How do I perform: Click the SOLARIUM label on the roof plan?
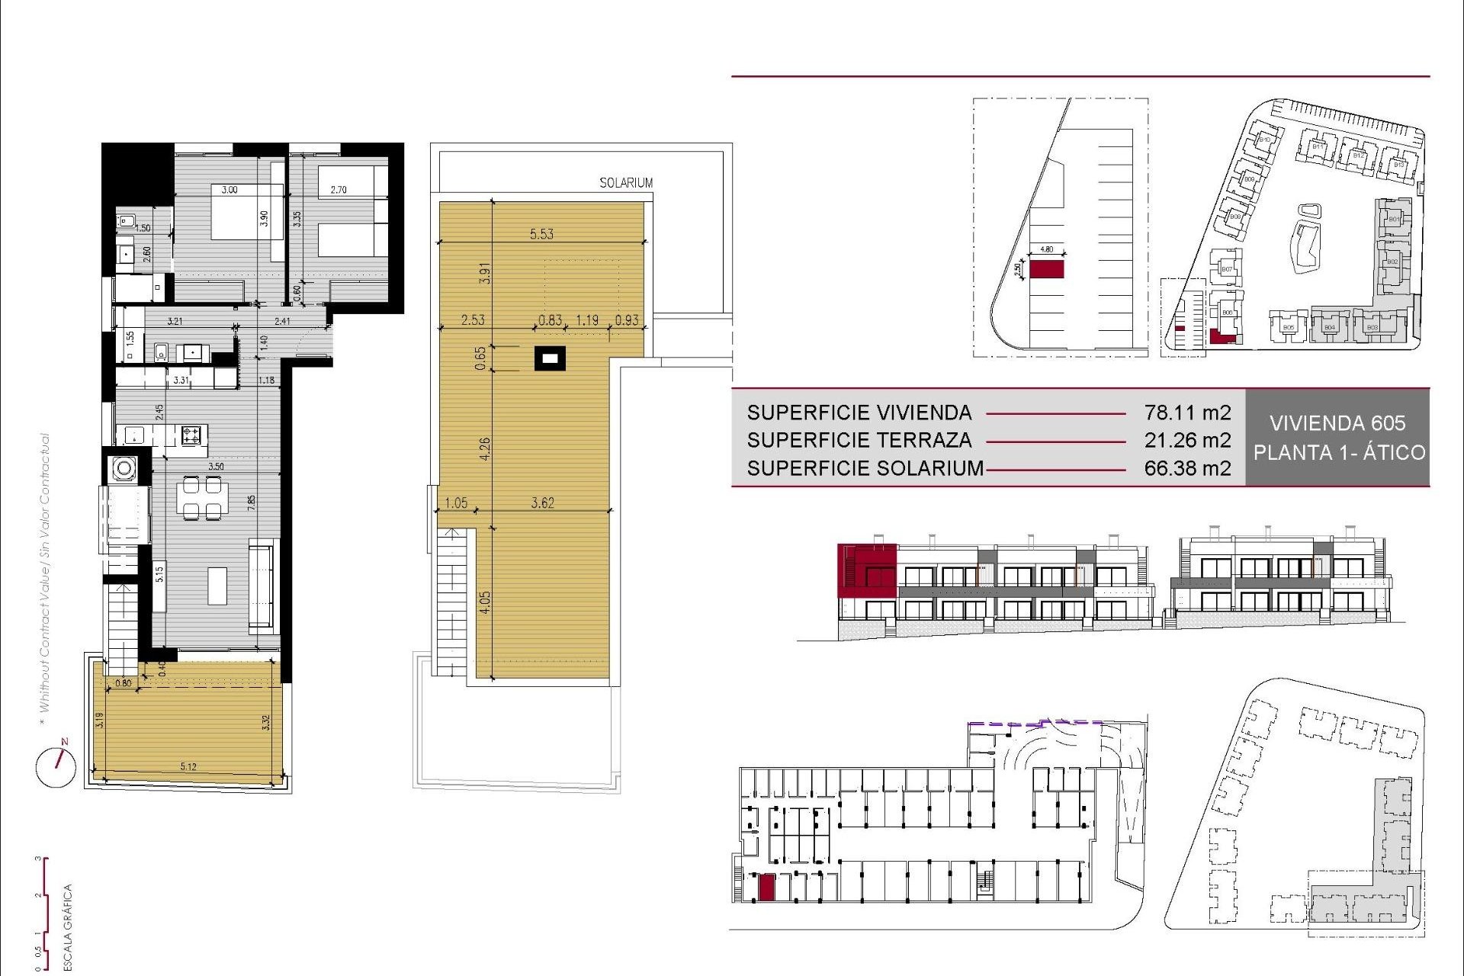[x=625, y=183]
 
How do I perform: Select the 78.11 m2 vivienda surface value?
[x=1187, y=413]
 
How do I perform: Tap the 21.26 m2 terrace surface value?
[x=1187, y=440]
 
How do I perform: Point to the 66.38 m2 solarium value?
[x=1187, y=468]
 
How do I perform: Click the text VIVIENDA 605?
[x=1337, y=423]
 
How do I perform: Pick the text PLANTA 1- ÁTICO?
[x=1339, y=452]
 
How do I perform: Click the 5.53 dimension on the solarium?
[x=541, y=234]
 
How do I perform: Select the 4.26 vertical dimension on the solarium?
[x=485, y=448]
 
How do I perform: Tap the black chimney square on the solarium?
[x=550, y=358]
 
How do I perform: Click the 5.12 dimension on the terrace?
[x=188, y=766]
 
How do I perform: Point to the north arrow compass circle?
[x=56, y=766]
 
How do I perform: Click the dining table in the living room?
[x=202, y=497]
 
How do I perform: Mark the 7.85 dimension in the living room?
[x=252, y=502]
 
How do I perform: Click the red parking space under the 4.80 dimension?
[x=1046, y=269]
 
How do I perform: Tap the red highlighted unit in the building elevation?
[x=866, y=570]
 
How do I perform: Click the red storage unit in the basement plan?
[x=766, y=888]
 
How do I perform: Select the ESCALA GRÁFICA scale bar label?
[x=68, y=926]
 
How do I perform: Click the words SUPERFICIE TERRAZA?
[x=859, y=440]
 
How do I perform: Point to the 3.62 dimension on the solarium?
[x=542, y=502]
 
